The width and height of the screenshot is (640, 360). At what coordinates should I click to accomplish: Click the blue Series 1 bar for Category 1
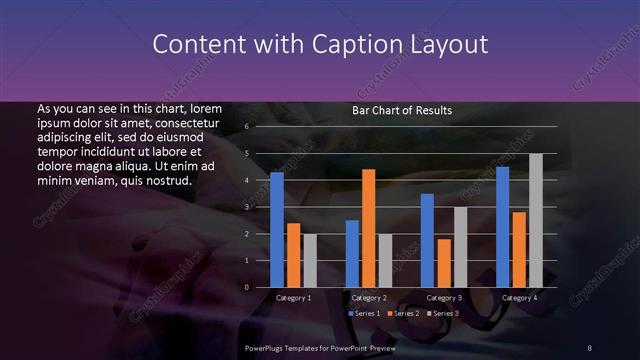coord(277,230)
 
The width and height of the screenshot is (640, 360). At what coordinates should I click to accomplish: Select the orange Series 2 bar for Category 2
coord(368,228)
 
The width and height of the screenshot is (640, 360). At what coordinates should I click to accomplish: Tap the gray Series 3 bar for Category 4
coord(536,220)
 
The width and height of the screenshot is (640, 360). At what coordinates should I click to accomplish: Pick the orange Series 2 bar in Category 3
coord(444,263)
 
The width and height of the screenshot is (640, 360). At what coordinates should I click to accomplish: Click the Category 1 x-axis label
coord(293,298)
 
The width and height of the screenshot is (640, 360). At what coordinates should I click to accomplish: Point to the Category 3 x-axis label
coord(444,298)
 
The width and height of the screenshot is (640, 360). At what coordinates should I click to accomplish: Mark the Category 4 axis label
coord(519,298)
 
